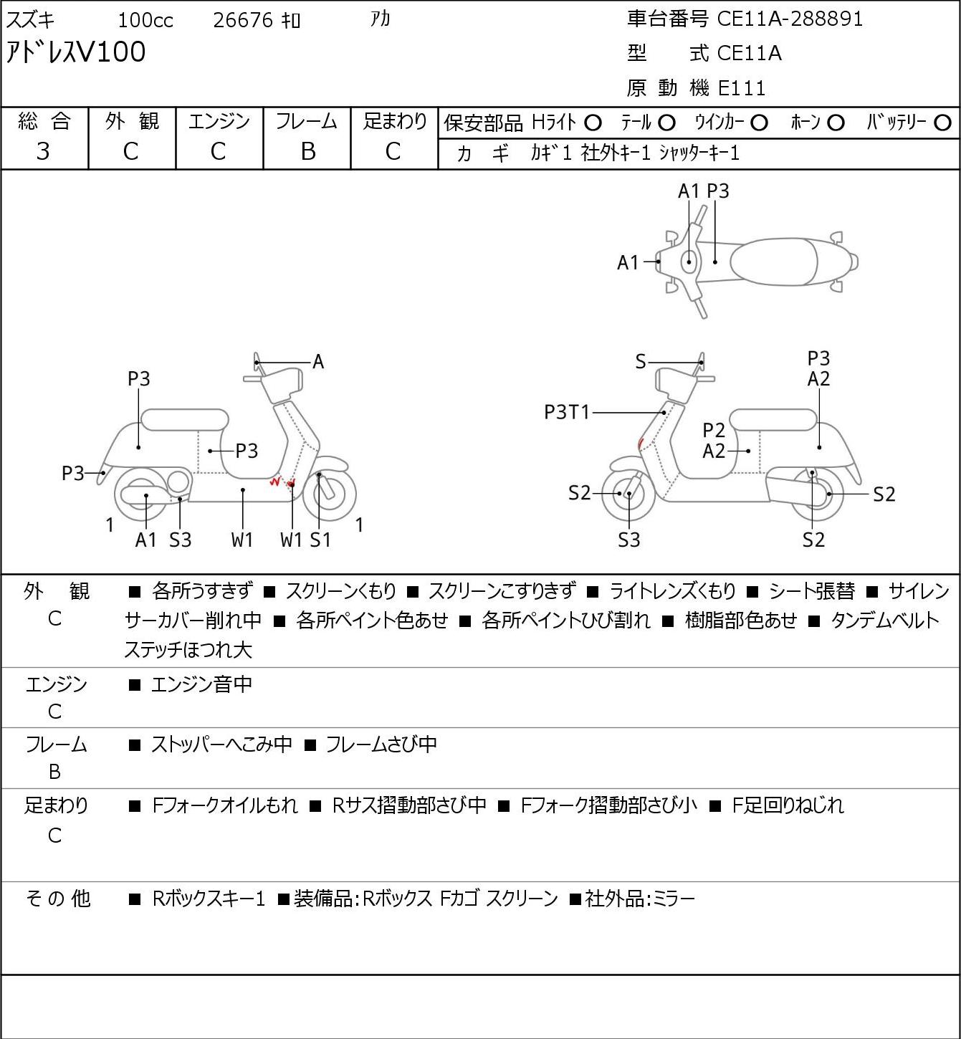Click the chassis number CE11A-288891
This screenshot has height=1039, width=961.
(x=789, y=19)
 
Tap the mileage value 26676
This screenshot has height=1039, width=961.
(x=243, y=20)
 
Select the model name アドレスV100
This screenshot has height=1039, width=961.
(x=76, y=52)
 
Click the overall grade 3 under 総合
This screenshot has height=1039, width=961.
(x=43, y=152)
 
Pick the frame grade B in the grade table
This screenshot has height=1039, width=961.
(x=307, y=152)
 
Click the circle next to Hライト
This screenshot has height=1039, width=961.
(x=593, y=123)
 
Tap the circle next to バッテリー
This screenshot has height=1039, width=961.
(x=942, y=123)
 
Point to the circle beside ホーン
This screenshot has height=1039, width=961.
(x=836, y=123)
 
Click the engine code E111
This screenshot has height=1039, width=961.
(x=742, y=88)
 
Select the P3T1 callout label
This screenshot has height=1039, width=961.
(x=567, y=413)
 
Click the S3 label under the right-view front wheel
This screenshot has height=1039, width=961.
(x=628, y=540)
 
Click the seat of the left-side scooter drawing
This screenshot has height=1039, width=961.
(x=185, y=420)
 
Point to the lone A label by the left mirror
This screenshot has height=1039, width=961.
(x=317, y=362)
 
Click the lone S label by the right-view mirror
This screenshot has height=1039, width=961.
(x=641, y=362)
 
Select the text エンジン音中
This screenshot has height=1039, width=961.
(x=201, y=684)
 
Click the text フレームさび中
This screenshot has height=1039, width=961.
(x=381, y=744)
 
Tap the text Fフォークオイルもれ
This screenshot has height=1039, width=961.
(x=225, y=805)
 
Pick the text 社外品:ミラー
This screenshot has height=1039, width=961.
(x=640, y=899)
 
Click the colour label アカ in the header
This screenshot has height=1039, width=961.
(x=380, y=19)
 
